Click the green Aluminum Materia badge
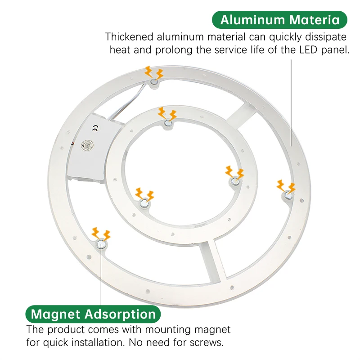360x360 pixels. click(x=279, y=20)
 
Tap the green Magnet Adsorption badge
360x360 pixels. click(x=93, y=314)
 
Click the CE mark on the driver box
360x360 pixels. click(x=95, y=129)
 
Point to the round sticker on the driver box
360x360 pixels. click(x=87, y=145)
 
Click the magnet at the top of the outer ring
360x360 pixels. click(x=154, y=82)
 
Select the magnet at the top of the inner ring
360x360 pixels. click(x=168, y=123)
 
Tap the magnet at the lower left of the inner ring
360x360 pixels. click(x=144, y=203)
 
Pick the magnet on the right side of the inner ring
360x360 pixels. click(x=235, y=181)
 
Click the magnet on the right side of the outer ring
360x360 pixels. click(x=288, y=195)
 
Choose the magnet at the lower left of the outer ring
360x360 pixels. click(x=101, y=244)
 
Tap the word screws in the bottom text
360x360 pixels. click(x=207, y=342)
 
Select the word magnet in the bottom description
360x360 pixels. click(x=212, y=330)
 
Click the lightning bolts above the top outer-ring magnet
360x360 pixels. click(x=154, y=72)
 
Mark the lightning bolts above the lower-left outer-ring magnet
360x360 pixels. click(x=101, y=234)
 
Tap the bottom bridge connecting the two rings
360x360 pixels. click(x=210, y=262)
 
